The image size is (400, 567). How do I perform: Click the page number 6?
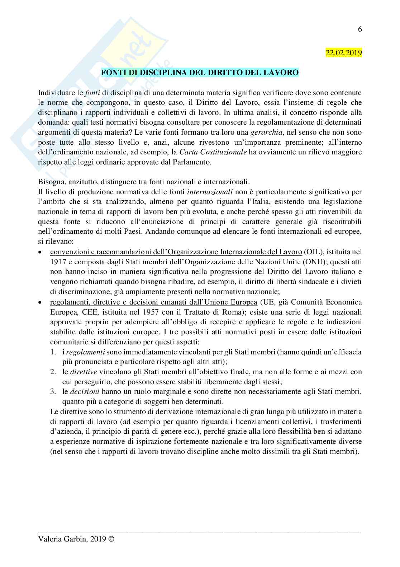point(360,29)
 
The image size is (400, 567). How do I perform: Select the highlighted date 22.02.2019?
point(344,52)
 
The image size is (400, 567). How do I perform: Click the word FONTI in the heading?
point(112,73)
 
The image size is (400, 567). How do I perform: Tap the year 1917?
point(57,260)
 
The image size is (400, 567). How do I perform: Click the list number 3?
point(53,391)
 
